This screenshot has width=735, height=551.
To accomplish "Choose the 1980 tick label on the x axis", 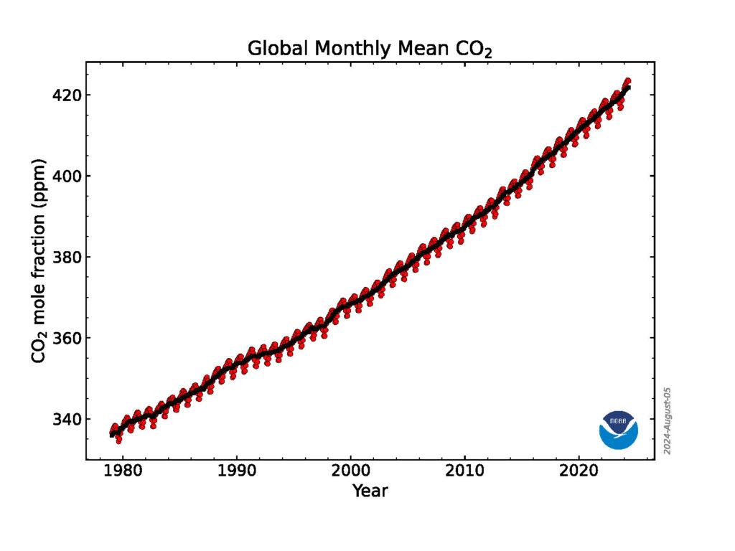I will click(123, 474).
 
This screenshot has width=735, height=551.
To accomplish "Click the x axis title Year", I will click(370, 491).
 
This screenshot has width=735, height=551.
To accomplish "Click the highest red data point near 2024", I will click(627, 81).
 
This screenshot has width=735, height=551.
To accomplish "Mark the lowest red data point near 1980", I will click(118, 441).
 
